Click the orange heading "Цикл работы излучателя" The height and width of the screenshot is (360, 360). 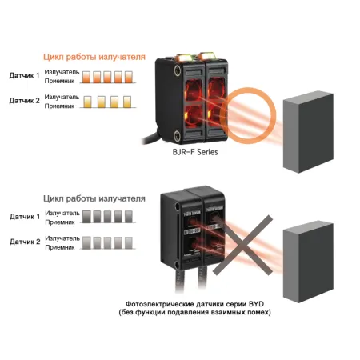coord(94,57)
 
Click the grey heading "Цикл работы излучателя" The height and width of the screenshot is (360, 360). coord(94,198)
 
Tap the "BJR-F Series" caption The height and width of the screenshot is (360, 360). coord(195,152)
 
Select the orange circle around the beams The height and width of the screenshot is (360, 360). coord(227,116)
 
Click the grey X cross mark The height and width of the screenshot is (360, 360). coord(242,246)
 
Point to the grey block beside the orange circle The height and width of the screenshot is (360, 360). coord(308,132)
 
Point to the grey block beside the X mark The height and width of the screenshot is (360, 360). coord(308,262)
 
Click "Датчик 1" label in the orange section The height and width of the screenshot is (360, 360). coord(24,75)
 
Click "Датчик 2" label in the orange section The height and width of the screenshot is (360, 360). coord(24,101)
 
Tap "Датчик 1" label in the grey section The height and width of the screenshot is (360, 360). coord(25,217)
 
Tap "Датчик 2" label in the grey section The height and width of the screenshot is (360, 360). coord(25,242)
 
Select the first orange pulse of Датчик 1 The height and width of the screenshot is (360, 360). coord(86,77)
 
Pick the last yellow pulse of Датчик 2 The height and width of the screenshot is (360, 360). coord(127,102)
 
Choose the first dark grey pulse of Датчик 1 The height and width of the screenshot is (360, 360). coord(86,217)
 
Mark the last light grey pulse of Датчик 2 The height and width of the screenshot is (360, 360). coord(129,242)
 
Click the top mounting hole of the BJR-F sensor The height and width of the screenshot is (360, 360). coord(177,70)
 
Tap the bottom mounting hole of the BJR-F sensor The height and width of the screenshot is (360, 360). coord(177,135)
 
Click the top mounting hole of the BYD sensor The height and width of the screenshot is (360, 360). coord(178,206)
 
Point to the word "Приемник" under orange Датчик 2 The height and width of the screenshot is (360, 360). coord(59,106)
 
